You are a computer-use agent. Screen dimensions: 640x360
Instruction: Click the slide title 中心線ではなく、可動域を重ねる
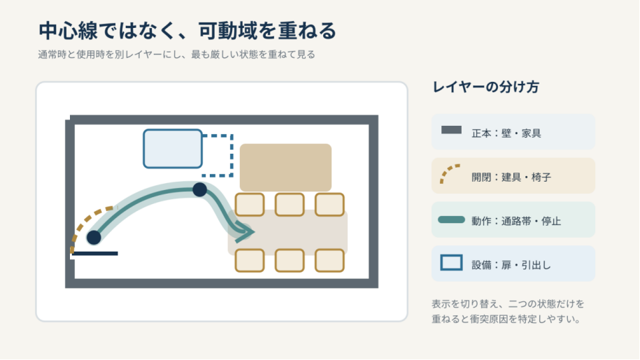click(x=187, y=31)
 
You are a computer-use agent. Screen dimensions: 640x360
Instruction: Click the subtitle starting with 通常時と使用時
click(x=177, y=55)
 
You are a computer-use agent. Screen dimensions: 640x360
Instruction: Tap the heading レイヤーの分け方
click(x=485, y=87)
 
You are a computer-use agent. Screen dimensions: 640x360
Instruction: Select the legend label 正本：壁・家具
click(x=506, y=134)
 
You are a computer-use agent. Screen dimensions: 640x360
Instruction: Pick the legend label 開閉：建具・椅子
click(x=511, y=178)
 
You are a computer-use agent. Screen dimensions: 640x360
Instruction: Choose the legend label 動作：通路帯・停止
click(x=516, y=222)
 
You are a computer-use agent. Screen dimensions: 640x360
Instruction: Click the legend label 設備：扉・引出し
click(x=511, y=266)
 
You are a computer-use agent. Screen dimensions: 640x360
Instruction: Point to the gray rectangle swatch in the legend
click(x=451, y=130)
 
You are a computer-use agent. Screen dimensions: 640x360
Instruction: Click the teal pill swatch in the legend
click(x=451, y=219)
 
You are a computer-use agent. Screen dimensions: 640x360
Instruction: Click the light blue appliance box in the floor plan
click(x=173, y=149)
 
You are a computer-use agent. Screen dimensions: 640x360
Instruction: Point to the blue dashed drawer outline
click(x=232, y=155)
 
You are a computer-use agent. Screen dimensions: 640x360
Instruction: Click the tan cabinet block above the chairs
click(x=285, y=167)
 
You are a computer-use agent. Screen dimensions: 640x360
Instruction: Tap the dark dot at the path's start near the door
click(x=94, y=237)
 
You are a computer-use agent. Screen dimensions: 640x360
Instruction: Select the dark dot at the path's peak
click(x=199, y=189)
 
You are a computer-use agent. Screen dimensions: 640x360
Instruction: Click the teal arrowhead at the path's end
click(x=246, y=232)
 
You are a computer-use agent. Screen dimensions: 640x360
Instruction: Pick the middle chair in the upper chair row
click(x=290, y=204)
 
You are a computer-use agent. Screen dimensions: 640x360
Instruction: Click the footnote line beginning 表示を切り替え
click(x=509, y=304)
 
